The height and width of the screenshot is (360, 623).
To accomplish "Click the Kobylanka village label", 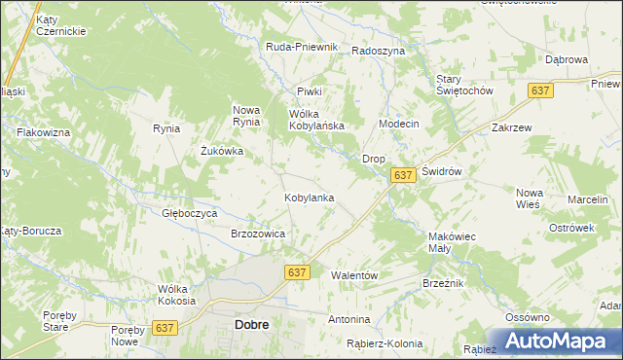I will tap(309, 198).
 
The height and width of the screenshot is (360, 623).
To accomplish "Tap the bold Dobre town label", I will tap(252, 326).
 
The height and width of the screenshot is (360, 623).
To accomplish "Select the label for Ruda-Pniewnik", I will tap(302, 47).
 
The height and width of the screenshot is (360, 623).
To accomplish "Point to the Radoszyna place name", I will tap(378, 52).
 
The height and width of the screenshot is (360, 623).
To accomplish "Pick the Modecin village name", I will tap(398, 125).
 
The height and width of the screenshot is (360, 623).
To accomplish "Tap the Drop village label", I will tap(374, 158).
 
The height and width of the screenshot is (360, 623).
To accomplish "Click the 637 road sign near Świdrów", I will tap(405, 174).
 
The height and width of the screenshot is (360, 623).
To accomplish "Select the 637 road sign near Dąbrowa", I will tap(541, 90).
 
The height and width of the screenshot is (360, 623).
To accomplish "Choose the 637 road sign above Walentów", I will tap(298, 273).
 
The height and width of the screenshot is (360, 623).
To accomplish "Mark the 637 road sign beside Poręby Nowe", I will tap(165, 329).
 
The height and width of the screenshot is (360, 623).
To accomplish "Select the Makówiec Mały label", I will tap(452, 242).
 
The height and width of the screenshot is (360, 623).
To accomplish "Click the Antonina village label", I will tap(349, 319).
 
